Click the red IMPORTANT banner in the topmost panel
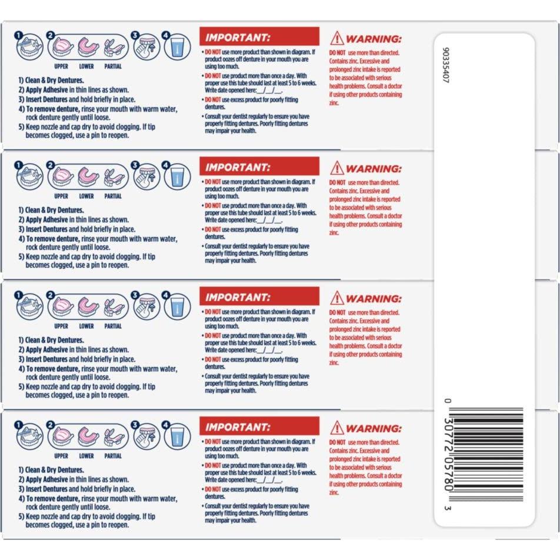coord(259,37)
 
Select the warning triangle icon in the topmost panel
coord(336,38)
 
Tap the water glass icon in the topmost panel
coord(176,48)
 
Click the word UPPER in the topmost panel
coord(61,66)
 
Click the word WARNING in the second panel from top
coord(374,169)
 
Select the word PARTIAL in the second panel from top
coord(112,196)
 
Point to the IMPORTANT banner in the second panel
coord(259,166)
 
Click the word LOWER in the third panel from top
coord(86,326)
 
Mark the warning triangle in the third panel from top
coord(336,298)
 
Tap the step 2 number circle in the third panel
coord(51,295)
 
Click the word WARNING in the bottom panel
coord(374,429)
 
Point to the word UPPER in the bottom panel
coord(61,456)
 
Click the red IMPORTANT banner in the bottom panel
coord(259,426)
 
